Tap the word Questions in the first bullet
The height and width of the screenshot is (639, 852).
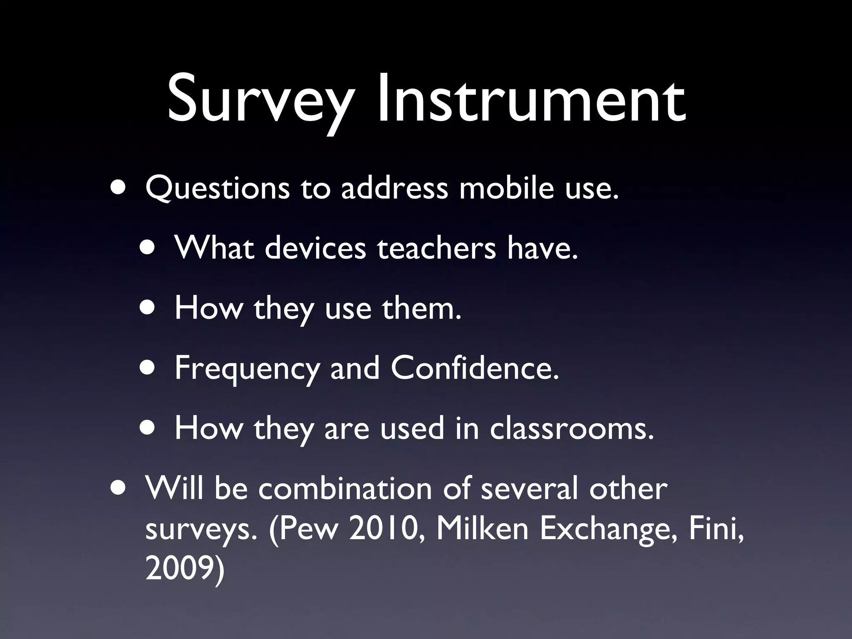click(x=217, y=188)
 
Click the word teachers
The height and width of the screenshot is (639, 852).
click(x=437, y=248)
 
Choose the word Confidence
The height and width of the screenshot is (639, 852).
click(x=474, y=368)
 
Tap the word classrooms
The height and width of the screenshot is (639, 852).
click(x=572, y=428)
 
